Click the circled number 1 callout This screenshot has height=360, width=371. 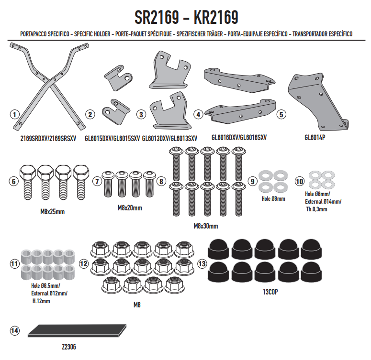(14, 115)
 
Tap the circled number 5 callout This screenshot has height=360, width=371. (281, 115)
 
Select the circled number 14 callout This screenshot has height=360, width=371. (14, 330)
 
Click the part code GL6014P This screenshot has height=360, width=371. (315, 137)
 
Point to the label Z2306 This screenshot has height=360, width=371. (69, 347)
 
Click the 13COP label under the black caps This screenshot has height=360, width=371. (270, 292)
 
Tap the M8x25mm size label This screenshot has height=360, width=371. (53, 212)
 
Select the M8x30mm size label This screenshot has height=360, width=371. (206, 226)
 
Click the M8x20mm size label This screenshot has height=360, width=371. (130, 208)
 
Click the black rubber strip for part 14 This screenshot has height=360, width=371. (77, 330)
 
